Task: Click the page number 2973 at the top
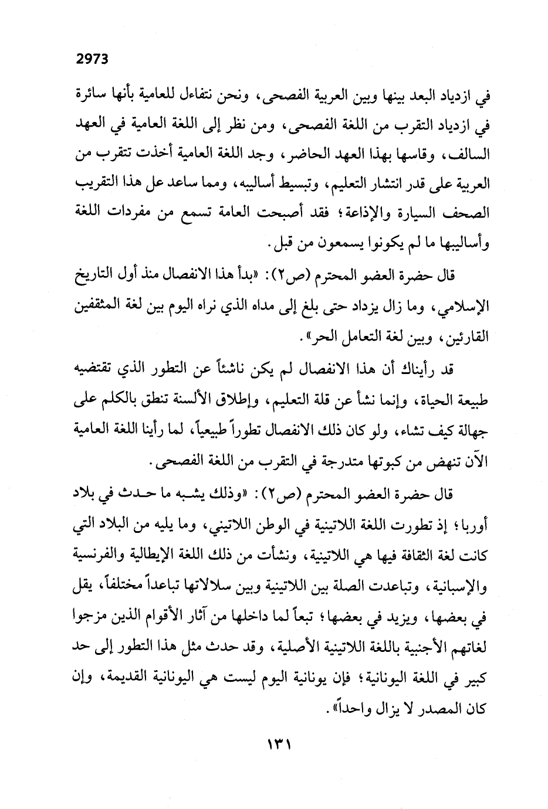(x=93, y=59)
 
